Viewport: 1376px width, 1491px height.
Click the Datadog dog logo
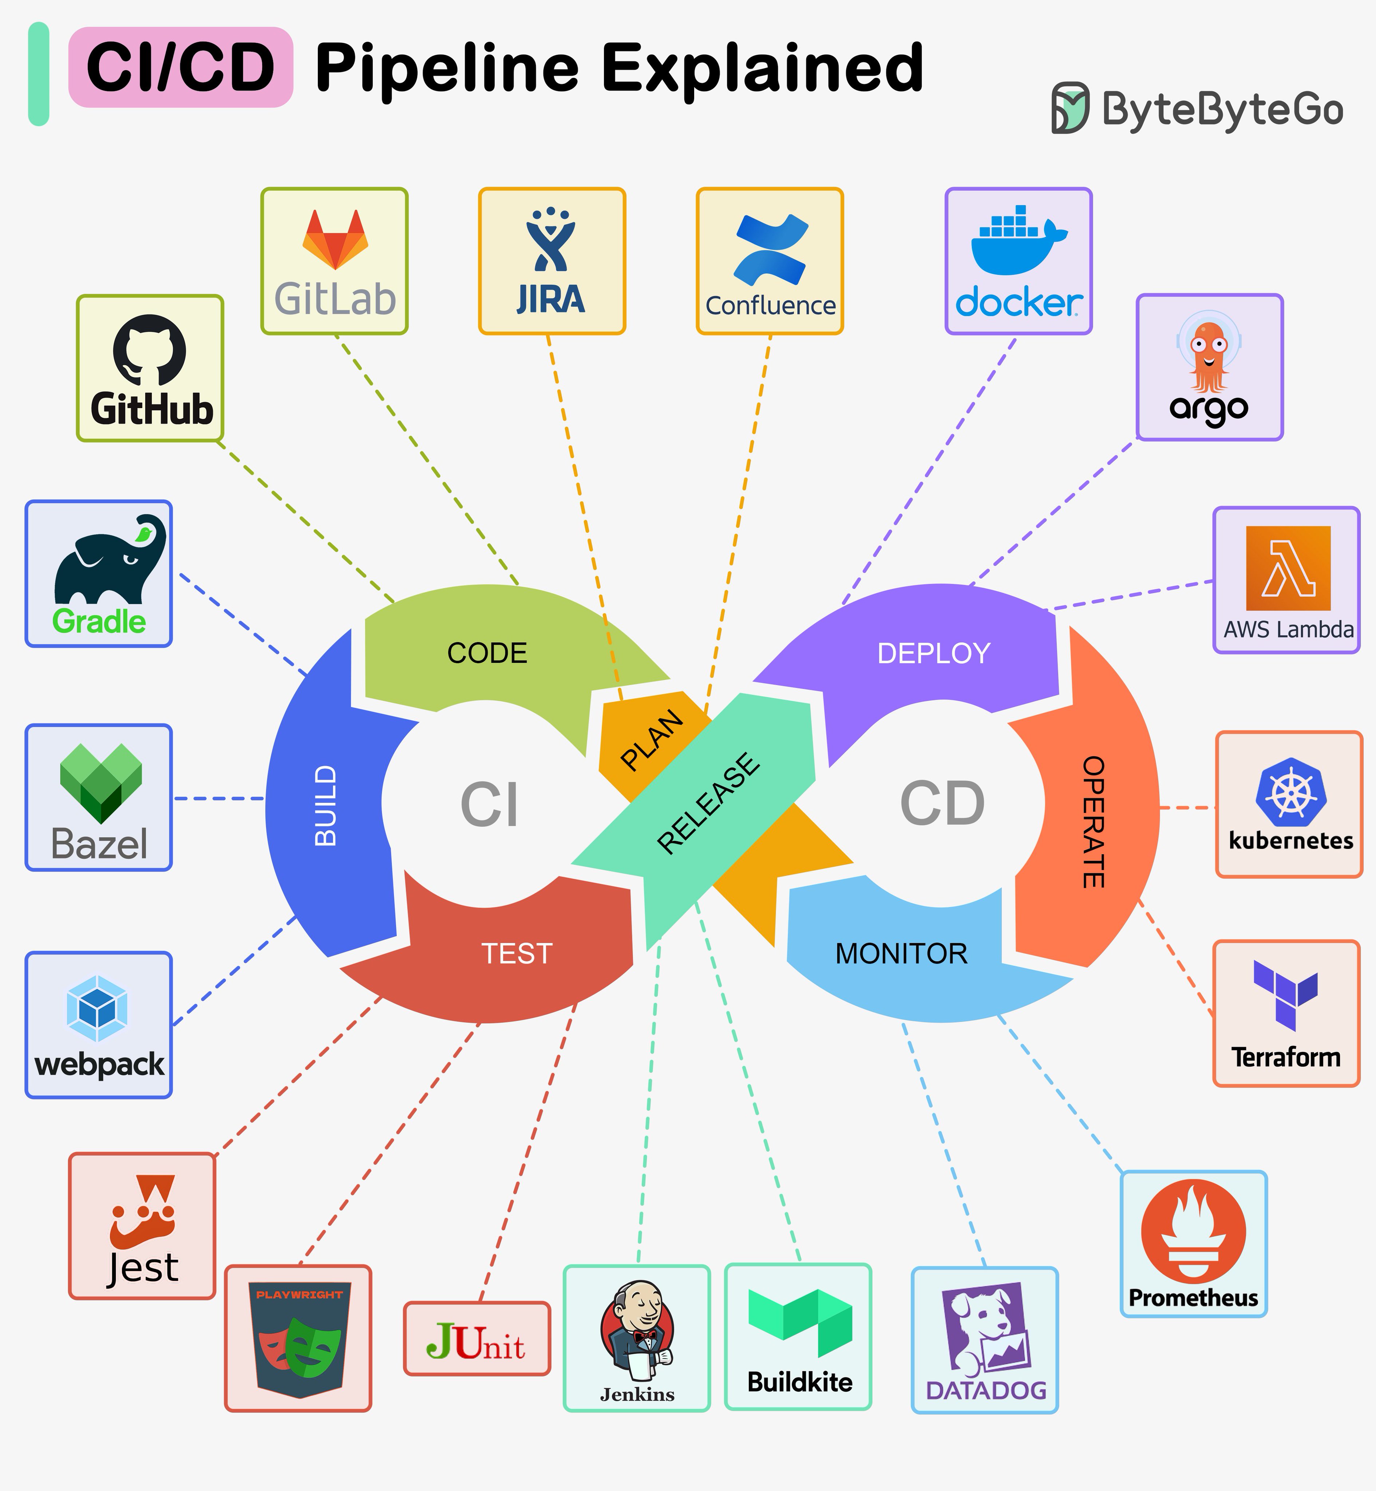(x=984, y=1329)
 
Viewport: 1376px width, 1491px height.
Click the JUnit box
(x=477, y=1338)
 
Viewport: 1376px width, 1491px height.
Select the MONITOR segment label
(x=901, y=954)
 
